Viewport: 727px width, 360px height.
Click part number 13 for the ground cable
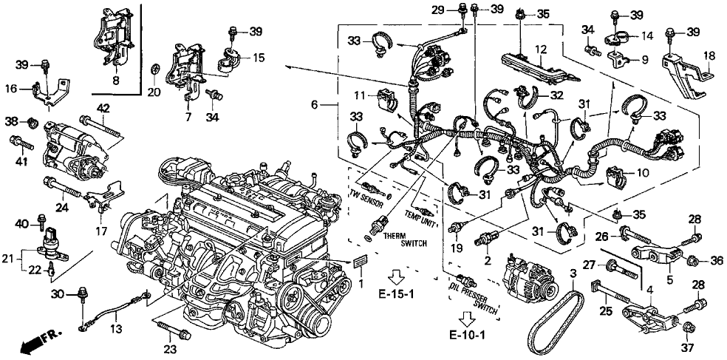(115, 327)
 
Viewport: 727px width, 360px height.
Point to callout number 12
(542, 50)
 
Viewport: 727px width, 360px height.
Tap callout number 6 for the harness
(314, 104)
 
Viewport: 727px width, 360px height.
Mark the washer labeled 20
(154, 70)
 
